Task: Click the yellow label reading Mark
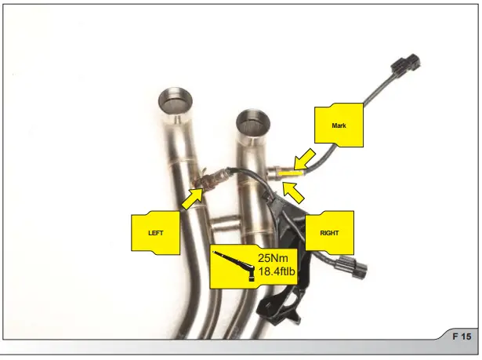[339, 125]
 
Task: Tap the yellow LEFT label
[156, 232]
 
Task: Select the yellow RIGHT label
[328, 232]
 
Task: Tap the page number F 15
[462, 336]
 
